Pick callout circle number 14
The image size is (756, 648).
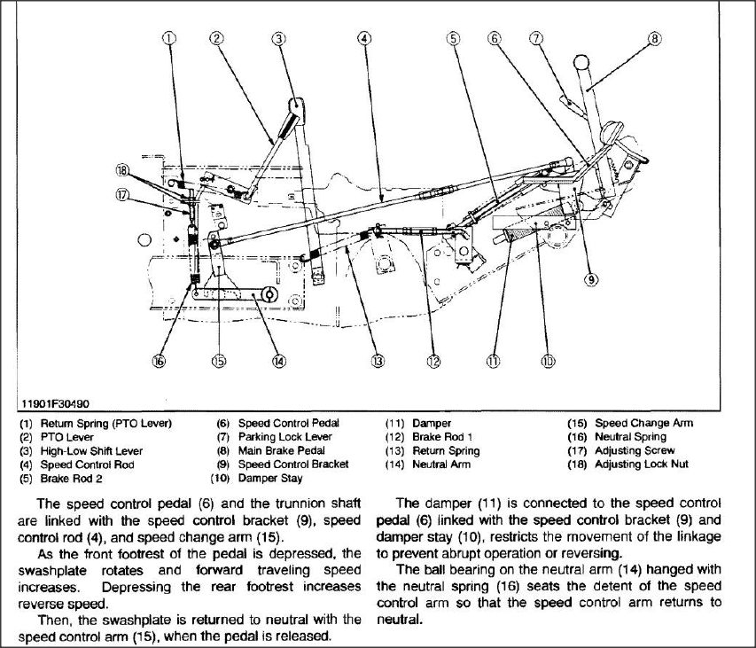[x=278, y=361]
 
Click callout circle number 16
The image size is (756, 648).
[x=159, y=361]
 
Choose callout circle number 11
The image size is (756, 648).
[x=493, y=361]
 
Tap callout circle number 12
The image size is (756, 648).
[x=433, y=361]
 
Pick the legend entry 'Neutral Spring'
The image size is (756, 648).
[x=630, y=437]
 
